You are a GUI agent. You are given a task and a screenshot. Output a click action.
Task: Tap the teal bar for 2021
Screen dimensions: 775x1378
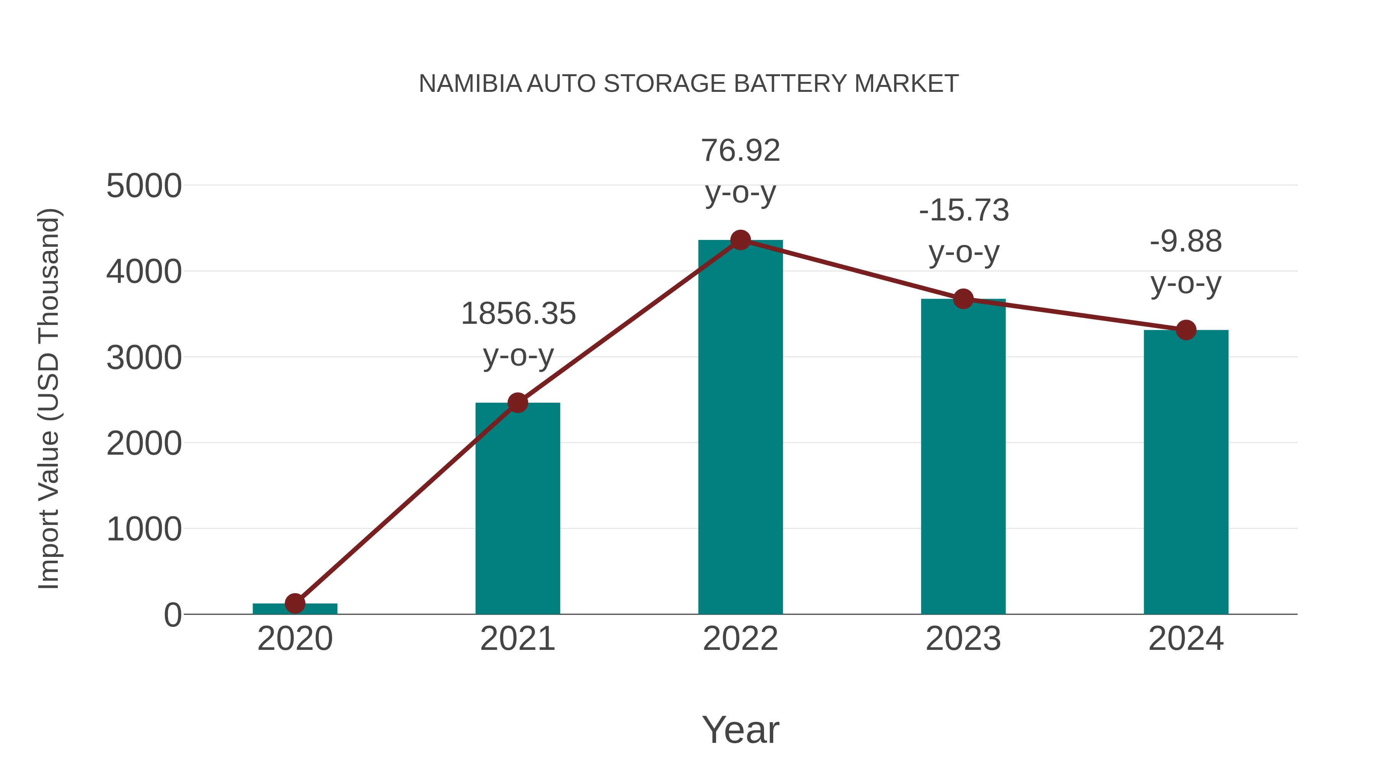[517, 508]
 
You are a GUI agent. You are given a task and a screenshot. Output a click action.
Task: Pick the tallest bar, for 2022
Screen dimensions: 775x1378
[740, 428]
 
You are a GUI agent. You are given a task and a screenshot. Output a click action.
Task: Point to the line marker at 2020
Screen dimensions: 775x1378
[295, 603]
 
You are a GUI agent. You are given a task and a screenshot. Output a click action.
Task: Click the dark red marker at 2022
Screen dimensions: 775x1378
[740, 240]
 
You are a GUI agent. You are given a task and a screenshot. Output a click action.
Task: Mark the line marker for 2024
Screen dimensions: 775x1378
[1186, 330]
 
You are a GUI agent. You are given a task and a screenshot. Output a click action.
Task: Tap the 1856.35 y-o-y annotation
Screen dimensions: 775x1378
[518, 334]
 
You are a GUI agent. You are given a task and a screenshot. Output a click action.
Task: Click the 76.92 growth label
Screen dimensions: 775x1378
[740, 171]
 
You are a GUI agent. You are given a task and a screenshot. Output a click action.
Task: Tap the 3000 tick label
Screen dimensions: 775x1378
[144, 358]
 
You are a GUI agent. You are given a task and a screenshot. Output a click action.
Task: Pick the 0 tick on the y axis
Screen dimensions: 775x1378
[172, 615]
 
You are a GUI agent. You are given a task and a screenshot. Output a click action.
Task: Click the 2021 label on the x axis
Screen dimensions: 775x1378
[517, 639]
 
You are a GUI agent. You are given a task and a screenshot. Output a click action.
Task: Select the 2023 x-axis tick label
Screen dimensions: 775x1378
[963, 639]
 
